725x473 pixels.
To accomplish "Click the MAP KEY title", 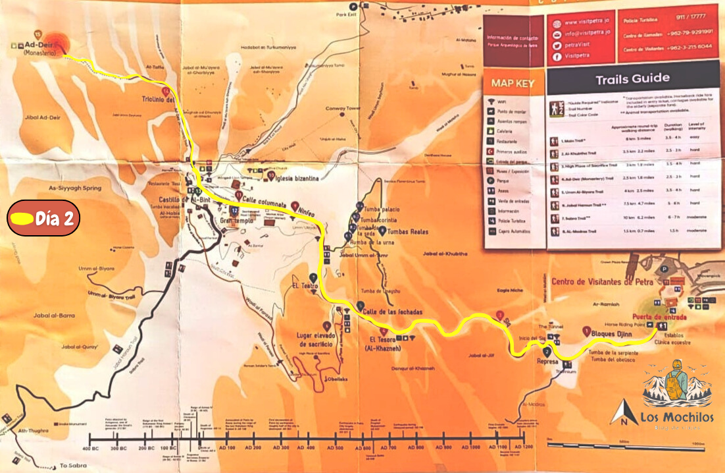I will tap(513, 84).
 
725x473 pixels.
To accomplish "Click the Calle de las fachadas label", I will tap(393, 312).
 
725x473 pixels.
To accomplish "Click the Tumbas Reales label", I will tap(409, 232).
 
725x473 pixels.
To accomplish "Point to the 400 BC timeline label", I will tap(91, 449).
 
